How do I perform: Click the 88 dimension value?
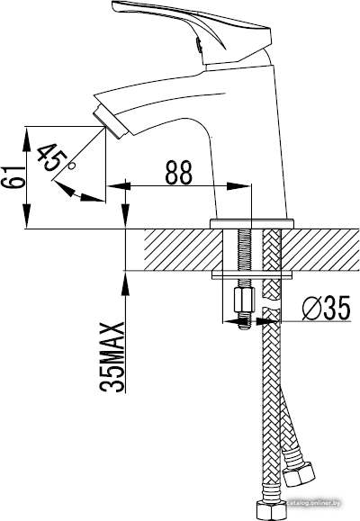(x=179, y=173)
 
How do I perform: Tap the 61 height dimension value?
(x=13, y=177)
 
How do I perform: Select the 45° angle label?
(x=53, y=157)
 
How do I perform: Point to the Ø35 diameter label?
(x=327, y=308)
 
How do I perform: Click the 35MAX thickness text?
(x=112, y=356)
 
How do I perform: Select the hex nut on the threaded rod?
(x=244, y=300)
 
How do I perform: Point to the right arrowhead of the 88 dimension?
(x=238, y=186)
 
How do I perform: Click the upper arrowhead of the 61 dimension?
(x=27, y=139)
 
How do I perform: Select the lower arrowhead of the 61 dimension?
(x=27, y=217)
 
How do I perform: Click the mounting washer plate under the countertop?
(x=252, y=274)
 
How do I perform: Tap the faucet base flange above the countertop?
(x=252, y=223)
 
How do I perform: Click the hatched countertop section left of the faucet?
(x=184, y=249)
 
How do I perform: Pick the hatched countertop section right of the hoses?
(x=320, y=249)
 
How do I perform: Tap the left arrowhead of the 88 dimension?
(x=118, y=186)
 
